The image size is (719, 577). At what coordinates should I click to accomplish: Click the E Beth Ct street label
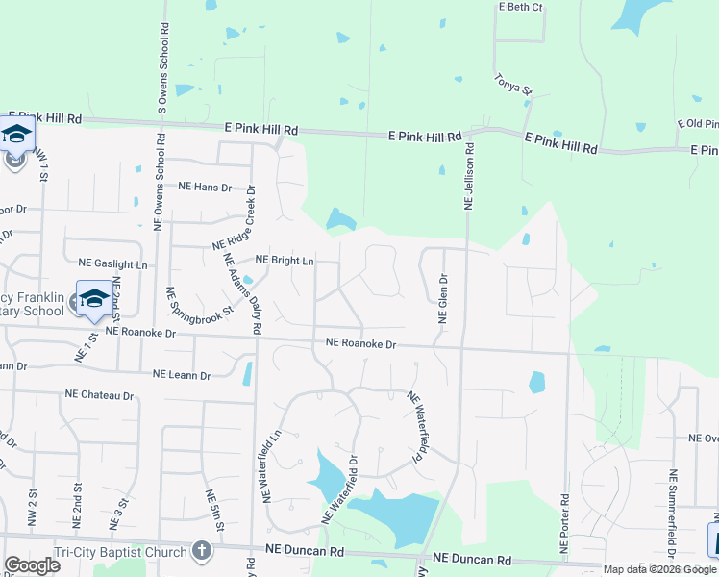click(520, 7)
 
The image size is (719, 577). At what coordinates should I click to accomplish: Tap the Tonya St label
click(512, 84)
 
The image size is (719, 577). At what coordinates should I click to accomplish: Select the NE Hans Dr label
click(207, 188)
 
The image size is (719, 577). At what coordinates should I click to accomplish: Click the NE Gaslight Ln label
click(113, 263)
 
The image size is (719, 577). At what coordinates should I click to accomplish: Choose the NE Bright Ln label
click(284, 261)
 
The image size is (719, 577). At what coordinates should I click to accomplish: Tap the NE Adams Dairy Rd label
click(243, 294)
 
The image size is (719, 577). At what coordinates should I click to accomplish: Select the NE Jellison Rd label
click(470, 177)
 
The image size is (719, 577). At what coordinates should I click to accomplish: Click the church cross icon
click(201, 550)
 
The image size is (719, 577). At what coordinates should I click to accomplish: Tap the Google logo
click(32, 565)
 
